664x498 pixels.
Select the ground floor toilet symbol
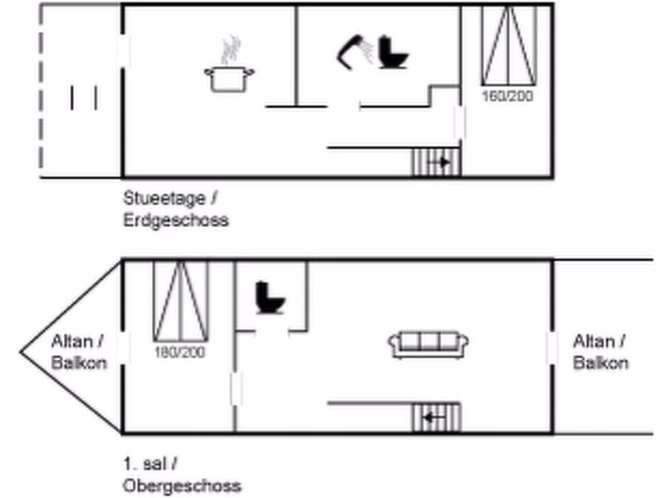point(392,53)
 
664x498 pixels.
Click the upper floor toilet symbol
point(270,298)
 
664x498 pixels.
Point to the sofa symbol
point(428,345)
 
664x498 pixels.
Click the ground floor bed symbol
point(509,46)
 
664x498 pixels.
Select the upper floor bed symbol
point(180,302)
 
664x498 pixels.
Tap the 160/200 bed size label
point(508,96)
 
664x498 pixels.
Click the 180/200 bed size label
point(180,352)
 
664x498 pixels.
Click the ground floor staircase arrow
point(439,162)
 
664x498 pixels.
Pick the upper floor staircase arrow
point(434,418)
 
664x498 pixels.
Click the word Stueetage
point(164,198)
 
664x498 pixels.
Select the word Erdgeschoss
point(176,220)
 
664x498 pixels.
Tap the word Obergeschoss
point(182,485)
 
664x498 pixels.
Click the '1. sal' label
point(145,464)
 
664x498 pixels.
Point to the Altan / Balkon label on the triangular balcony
point(78,352)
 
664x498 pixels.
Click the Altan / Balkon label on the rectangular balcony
point(600,352)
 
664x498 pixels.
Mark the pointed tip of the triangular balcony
point(20,351)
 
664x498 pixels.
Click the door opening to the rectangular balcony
point(552,348)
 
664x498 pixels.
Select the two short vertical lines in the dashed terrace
point(84,98)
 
